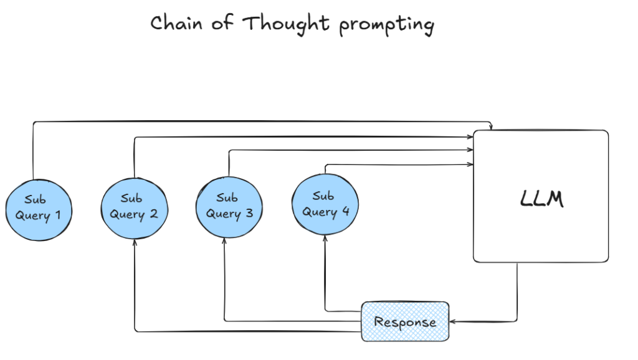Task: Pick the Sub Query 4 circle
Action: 325,205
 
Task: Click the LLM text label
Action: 541,199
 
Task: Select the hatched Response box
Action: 405,321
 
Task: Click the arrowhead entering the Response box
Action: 453,322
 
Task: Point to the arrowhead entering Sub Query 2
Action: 135,243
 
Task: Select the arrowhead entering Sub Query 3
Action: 224,242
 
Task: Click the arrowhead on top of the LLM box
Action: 492,128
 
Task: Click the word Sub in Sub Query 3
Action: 227,198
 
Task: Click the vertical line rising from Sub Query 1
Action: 32,149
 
